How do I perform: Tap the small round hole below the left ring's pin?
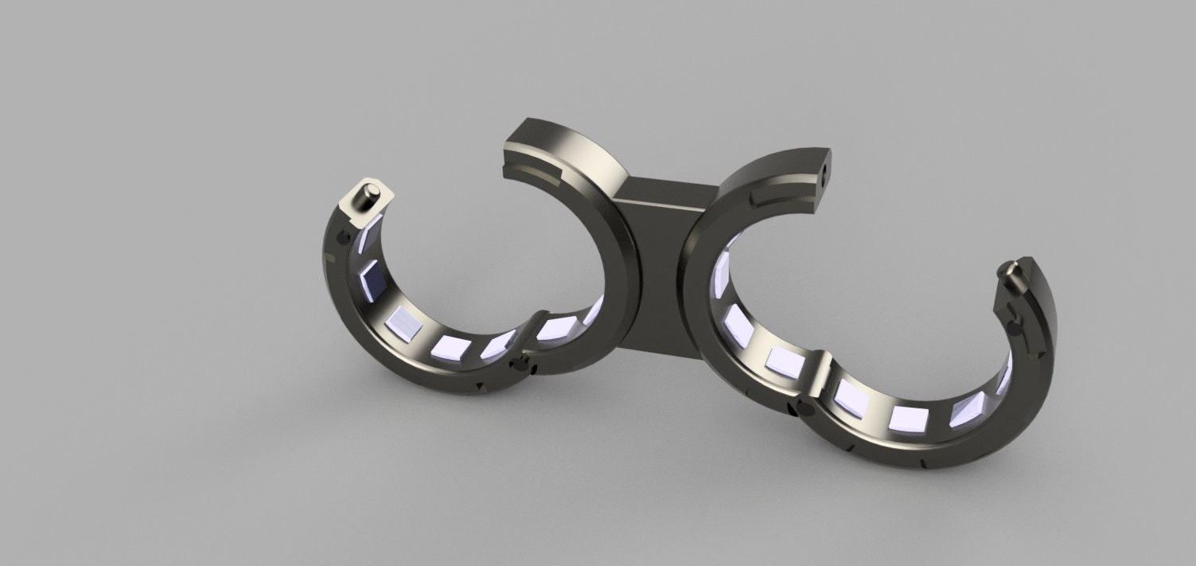pos(343,237)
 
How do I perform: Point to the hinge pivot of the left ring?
pos(522,365)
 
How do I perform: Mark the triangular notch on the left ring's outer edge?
pos(479,387)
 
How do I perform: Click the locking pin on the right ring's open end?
pos(1012,274)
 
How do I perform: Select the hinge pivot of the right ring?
pos(802,409)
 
